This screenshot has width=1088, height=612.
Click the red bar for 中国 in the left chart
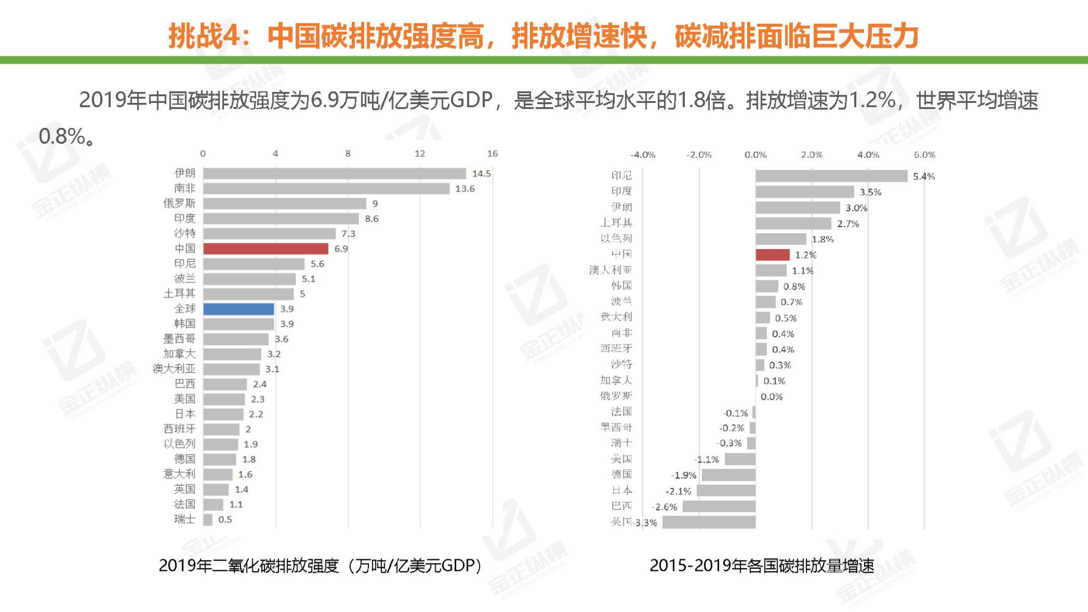pos(266,248)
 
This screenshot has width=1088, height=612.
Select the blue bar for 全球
pos(239,309)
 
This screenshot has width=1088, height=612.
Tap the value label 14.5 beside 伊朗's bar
pos(482,174)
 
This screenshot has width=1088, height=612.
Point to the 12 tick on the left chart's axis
pos(420,154)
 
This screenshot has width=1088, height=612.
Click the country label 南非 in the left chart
pos(184,188)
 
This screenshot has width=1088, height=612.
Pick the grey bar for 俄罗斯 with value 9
pos(285,204)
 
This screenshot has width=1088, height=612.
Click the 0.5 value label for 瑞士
pos(225,520)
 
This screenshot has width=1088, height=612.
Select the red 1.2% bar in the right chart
pos(772,255)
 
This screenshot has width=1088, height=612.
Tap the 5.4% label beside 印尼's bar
pos(923,177)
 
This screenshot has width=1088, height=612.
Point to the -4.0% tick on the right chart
pos(643,155)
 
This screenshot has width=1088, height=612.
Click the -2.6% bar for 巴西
pos(719,506)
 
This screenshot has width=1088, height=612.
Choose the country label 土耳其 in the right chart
pos(616,223)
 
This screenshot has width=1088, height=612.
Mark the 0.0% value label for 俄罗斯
pos(772,397)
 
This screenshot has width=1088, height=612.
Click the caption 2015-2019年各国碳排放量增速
pos(762,565)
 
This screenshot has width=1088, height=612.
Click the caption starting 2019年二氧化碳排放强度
pos(320,565)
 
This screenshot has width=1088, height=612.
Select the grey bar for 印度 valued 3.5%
pos(805,192)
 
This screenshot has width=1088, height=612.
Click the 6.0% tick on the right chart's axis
pos(924,155)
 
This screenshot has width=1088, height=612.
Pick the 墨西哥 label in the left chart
pos(179,339)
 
